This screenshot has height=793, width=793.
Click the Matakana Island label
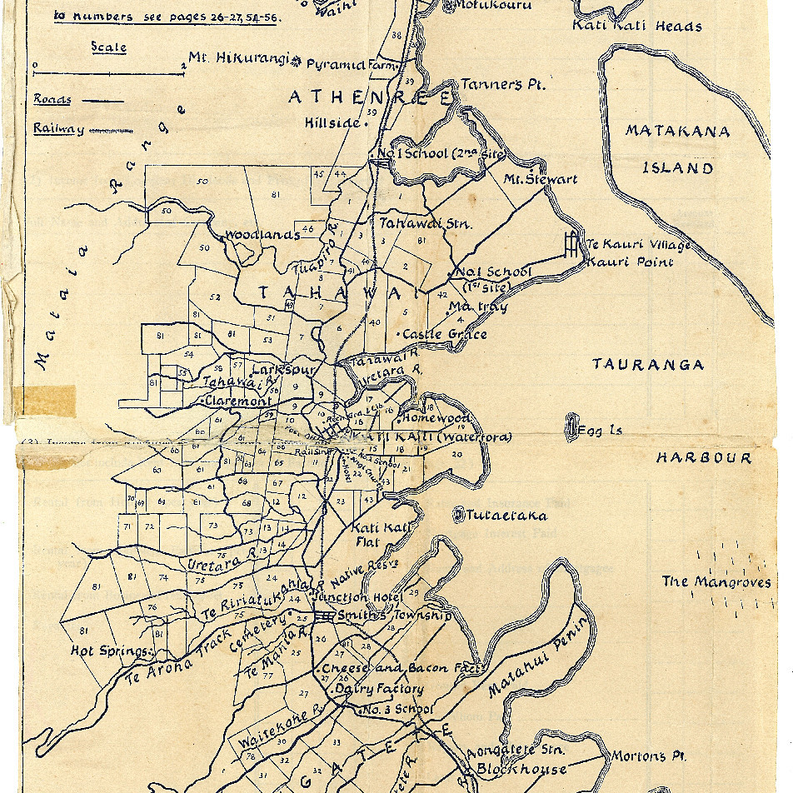tap(677, 149)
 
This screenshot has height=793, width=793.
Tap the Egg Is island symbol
tap(572, 428)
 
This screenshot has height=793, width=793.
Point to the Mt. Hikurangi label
tap(238, 58)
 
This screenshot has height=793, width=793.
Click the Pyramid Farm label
tap(353, 64)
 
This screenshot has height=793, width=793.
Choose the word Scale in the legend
tap(108, 47)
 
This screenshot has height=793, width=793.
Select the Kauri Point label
tap(630, 262)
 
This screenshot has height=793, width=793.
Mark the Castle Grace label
tap(444, 334)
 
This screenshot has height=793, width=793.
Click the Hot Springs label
tap(110, 651)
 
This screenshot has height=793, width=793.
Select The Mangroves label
tap(716, 582)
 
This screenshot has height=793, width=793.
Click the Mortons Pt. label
tap(648, 756)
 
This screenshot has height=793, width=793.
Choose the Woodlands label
tap(262, 235)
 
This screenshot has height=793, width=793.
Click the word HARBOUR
tap(703, 457)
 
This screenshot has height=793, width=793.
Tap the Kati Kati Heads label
tap(636, 26)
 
